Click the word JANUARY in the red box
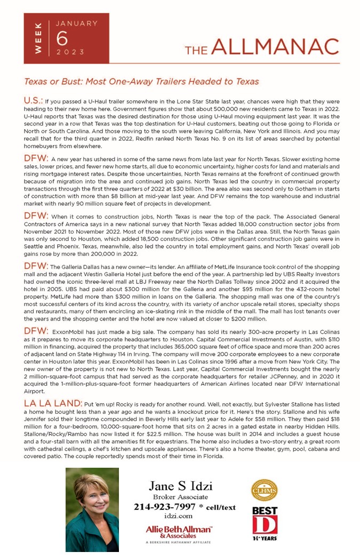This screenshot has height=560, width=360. tap(77, 23)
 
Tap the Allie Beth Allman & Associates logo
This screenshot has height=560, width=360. tap(179, 531)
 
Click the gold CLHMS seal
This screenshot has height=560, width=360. tap(264, 490)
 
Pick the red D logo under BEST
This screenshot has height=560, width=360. tap(265, 525)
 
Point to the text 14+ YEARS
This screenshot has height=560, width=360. tap(265, 539)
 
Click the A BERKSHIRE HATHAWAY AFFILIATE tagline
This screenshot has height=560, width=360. tap(179, 542)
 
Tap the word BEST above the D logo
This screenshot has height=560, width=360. tap(265, 510)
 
